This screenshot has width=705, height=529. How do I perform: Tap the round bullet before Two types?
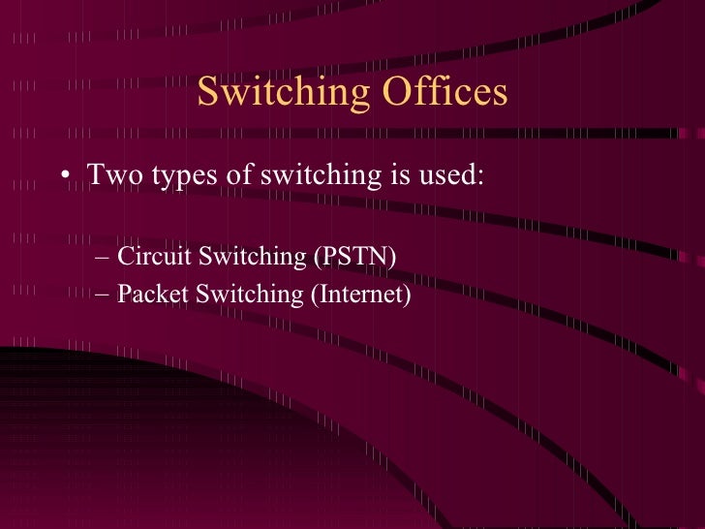tap(64, 177)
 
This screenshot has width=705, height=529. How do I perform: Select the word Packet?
tap(153, 294)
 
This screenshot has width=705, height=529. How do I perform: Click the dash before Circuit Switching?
tap(104, 258)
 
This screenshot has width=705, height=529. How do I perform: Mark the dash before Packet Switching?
tap(104, 295)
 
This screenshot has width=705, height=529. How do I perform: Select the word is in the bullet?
tap(395, 176)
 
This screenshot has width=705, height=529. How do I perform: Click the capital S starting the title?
tap(207, 93)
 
